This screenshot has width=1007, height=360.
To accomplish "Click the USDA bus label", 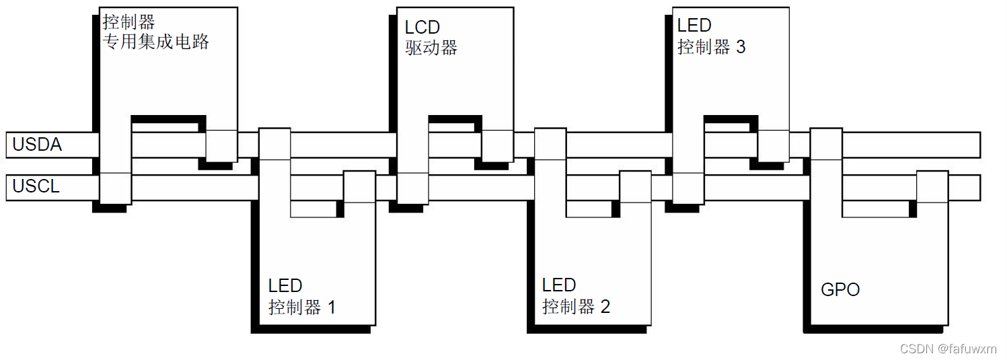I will pos(37,145).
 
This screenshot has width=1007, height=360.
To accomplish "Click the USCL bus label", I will pos(36,186).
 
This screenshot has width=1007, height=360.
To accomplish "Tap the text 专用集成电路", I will pos(156,42).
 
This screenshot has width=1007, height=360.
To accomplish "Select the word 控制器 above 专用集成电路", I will pos(129,22).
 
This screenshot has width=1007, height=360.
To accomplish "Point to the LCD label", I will pos(422,28).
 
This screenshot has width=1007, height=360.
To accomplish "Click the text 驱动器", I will pos(431,48).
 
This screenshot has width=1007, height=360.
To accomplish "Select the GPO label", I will pos(840,290).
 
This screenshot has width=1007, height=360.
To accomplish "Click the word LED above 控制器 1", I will pos(285,286).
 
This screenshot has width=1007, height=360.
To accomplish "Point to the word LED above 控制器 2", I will pos(559,285).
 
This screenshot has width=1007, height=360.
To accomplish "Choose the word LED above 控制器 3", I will pos(694,26).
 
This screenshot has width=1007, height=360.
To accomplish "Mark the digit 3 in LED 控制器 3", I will pos(741,47).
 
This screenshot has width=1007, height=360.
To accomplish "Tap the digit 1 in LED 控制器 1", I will pos(330,308).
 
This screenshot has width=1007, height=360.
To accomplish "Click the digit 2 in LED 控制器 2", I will pos(605,307).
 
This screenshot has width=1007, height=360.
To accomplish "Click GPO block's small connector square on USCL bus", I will pos(932,186).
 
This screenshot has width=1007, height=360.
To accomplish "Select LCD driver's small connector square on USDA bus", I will pos(497,145).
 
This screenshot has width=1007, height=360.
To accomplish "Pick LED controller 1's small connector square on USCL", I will pos(359,186).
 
